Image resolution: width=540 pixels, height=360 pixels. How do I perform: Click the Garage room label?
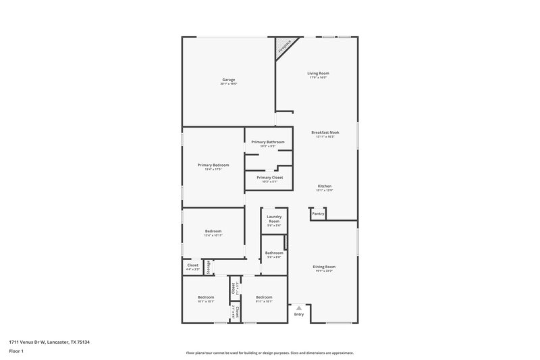[x=227, y=80]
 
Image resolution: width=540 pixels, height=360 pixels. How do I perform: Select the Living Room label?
[x=319, y=73]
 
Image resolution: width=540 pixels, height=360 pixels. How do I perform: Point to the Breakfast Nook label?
[x=325, y=132]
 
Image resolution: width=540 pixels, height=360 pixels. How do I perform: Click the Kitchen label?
[x=325, y=186]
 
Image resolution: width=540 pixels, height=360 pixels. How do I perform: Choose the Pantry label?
[x=318, y=213]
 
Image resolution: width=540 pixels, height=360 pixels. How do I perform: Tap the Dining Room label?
[x=324, y=267]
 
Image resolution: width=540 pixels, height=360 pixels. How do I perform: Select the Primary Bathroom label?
[x=267, y=142]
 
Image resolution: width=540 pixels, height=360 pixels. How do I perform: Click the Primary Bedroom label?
[x=213, y=165]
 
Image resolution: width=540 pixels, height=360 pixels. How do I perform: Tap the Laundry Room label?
[x=274, y=219]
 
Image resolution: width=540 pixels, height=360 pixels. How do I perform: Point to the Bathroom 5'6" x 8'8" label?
[x=274, y=253]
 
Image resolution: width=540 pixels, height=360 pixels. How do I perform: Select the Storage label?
[x=208, y=267]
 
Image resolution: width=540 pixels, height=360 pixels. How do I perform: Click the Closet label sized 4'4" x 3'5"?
[x=192, y=265]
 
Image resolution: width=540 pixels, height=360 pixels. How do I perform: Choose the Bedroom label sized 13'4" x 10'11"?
[x=213, y=231]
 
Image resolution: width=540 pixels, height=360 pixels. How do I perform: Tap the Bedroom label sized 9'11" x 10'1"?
[x=263, y=297]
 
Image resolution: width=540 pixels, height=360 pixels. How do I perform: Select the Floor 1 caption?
[x=16, y=351]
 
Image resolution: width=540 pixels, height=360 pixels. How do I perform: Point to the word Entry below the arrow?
[x=299, y=314]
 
